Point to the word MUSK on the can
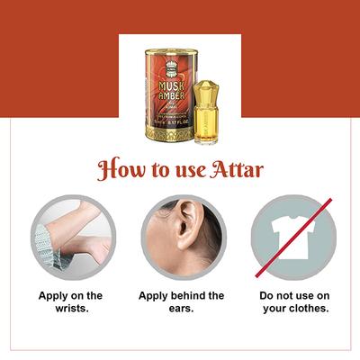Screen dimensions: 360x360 [x=161, y=66]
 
